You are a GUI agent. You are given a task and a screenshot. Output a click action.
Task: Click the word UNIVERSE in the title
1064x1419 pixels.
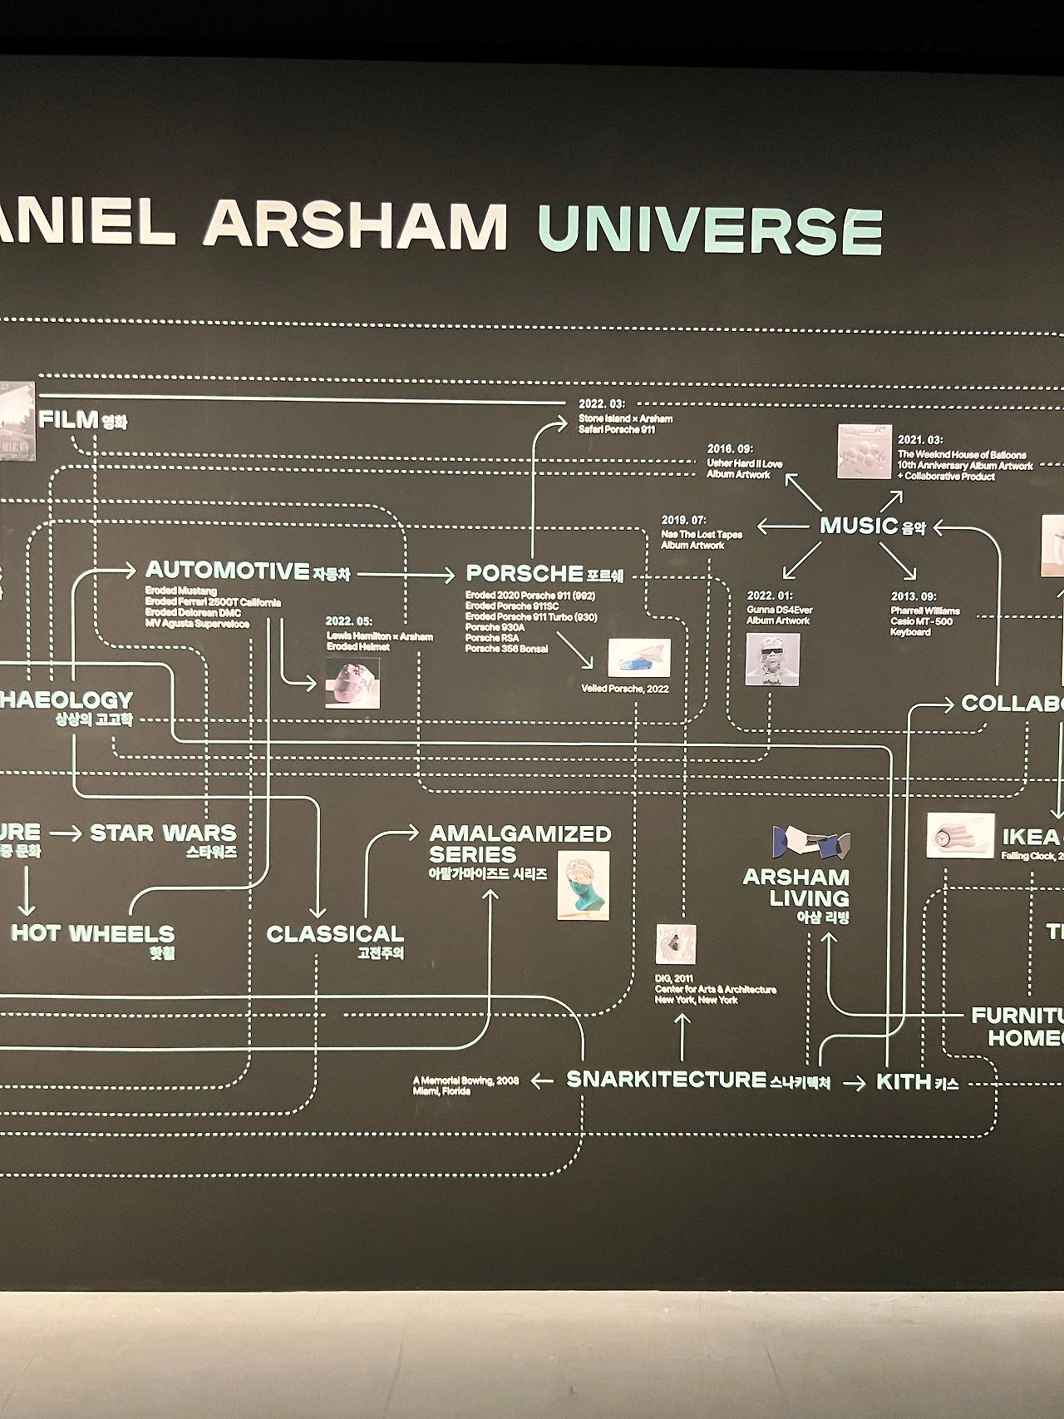click(709, 230)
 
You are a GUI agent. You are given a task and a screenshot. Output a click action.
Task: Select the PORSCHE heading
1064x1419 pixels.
click(525, 574)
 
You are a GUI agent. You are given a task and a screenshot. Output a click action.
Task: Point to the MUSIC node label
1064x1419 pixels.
click(859, 526)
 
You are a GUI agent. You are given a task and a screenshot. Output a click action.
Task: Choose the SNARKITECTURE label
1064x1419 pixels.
click(666, 1080)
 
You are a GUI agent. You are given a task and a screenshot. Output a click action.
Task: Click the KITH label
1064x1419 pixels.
click(904, 1081)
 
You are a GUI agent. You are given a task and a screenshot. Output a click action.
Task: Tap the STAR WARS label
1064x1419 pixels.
click(163, 833)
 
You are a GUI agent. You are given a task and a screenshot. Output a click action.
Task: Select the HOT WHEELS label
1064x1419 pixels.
click(93, 933)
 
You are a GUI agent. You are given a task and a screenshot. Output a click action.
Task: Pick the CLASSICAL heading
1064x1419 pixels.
click(335, 934)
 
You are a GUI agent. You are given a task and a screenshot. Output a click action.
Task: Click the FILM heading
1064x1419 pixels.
click(69, 420)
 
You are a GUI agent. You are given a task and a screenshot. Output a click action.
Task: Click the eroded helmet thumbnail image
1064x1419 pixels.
click(352, 683)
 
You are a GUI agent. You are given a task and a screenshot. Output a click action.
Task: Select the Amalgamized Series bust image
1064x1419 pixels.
click(583, 885)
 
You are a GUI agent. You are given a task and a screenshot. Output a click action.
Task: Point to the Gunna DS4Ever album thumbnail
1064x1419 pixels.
click(772, 660)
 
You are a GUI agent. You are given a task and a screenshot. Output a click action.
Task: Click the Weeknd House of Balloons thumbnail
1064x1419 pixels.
click(864, 452)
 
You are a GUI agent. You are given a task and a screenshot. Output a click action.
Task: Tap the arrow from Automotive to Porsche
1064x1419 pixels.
click(406, 574)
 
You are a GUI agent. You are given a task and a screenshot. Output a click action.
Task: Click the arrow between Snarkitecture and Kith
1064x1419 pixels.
click(854, 1083)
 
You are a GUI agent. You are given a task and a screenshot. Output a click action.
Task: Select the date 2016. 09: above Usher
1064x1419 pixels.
click(730, 449)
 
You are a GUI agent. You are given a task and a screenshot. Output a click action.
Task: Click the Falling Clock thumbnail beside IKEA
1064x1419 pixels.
click(960, 836)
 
